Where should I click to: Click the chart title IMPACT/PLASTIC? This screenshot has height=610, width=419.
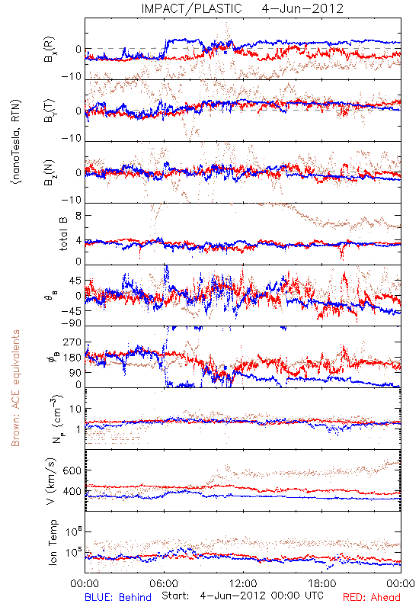pos(192,8)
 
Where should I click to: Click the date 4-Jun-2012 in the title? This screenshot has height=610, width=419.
pos(302,8)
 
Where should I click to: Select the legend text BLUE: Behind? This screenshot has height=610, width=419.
pos(118,597)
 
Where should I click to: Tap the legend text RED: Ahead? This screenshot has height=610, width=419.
pos(371,597)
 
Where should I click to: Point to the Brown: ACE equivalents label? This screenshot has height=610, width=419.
pos(15,388)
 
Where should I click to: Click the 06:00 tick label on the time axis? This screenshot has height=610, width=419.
pos(164,583)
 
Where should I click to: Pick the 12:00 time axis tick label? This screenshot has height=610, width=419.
pos(243,583)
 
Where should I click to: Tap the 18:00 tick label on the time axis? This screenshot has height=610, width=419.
pos(322,583)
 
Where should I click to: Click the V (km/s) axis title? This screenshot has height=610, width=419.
pos(51,481)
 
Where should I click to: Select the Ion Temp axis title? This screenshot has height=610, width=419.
pos(53,542)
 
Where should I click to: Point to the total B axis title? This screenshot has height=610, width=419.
pos(63,233)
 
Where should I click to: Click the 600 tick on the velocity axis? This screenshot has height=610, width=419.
pos(72,470)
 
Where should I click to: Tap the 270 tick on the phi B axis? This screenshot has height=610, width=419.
pos(72,342)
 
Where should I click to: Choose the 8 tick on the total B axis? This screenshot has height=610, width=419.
pos(78,216)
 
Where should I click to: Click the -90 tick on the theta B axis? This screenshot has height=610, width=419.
pos(72,323)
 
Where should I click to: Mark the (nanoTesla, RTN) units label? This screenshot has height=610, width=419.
pos(16,141)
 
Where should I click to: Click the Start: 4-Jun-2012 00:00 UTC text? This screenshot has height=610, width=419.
pos(242,596)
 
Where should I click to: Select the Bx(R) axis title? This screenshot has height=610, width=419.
pos(50,50)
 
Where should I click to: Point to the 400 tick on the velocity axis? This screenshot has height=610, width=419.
pos(72,491)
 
